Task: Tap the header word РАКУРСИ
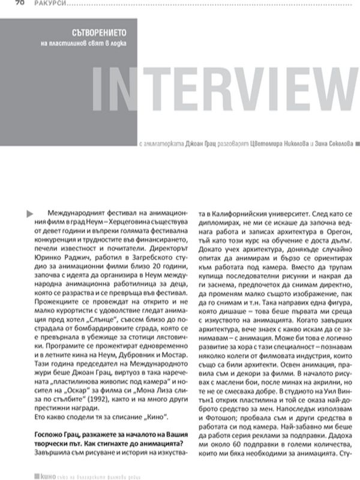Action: coord(43,2)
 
